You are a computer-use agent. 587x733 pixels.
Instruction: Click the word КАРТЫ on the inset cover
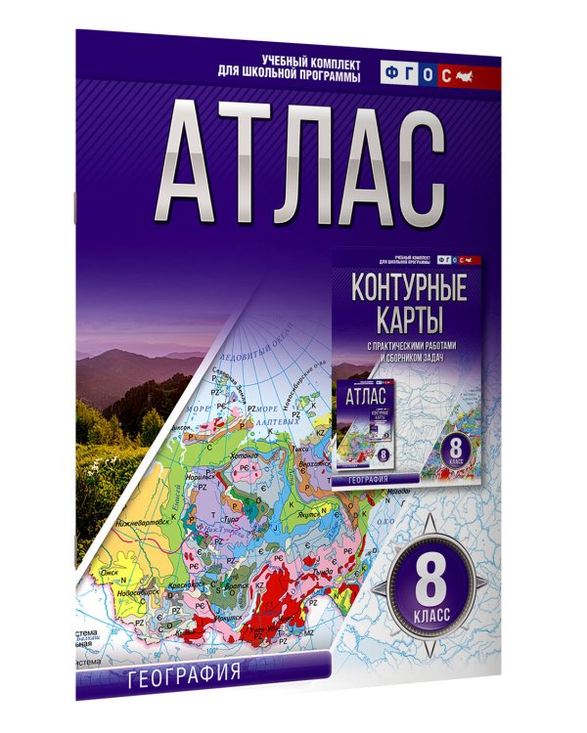[409, 321]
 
